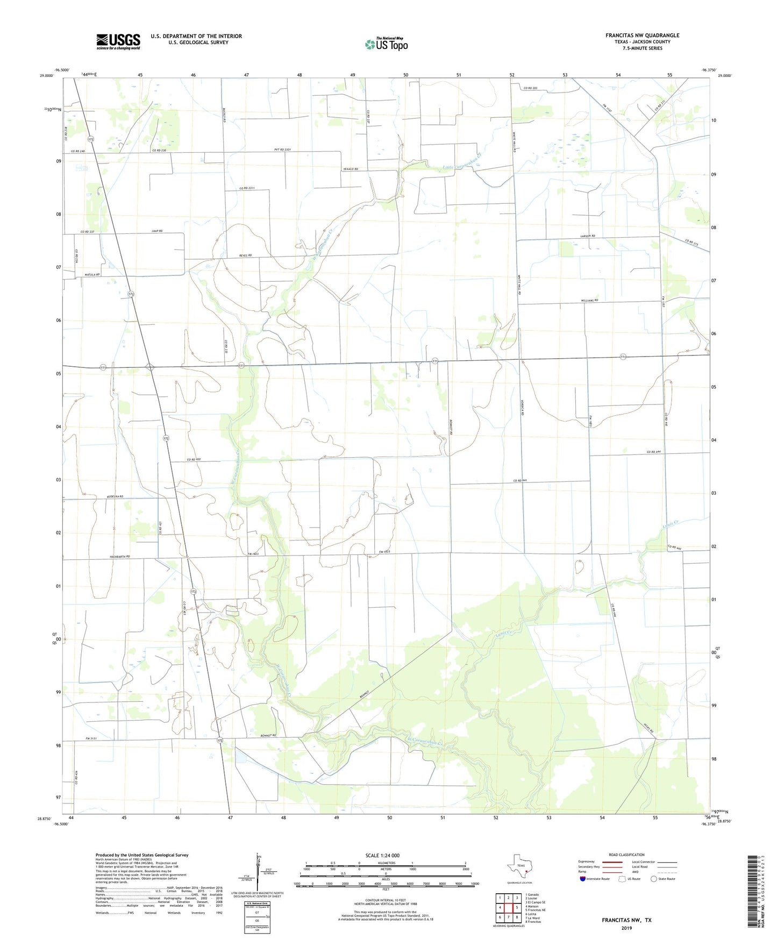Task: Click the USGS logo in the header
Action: (x=118, y=41)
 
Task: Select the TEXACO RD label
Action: (x=351, y=169)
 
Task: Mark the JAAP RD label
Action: (x=157, y=231)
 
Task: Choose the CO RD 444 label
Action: (x=653, y=452)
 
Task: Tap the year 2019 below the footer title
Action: (x=626, y=928)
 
